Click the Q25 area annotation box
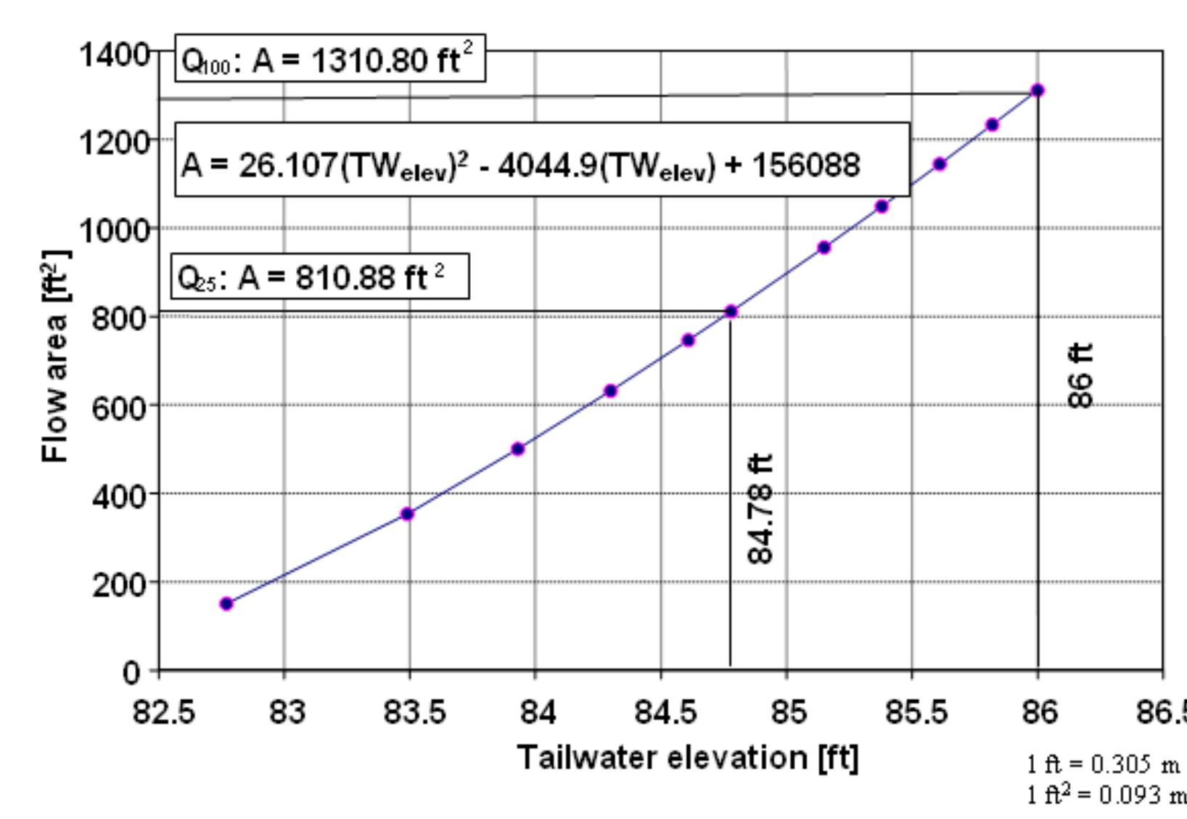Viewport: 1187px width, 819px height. click(x=320, y=277)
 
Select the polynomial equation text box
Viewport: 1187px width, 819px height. click(x=541, y=165)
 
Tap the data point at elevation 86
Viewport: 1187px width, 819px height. click(x=1038, y=90)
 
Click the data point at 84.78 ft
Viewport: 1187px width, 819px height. click(x=731, y=311)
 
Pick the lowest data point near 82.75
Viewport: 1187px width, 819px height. click(x=226, y=603)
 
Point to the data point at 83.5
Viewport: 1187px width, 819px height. click(x=407, y=514)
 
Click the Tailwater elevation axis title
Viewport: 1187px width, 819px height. click(x=687, y=758)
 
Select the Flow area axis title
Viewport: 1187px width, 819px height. click(x=57, y=356)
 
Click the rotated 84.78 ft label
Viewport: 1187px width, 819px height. click(x=760, y=509)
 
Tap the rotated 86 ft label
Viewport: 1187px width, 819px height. click(x=1080, y=375)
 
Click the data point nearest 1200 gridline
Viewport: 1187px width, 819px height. click(x=992, y=125)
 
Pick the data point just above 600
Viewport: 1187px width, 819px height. click(x=610, y=391)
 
